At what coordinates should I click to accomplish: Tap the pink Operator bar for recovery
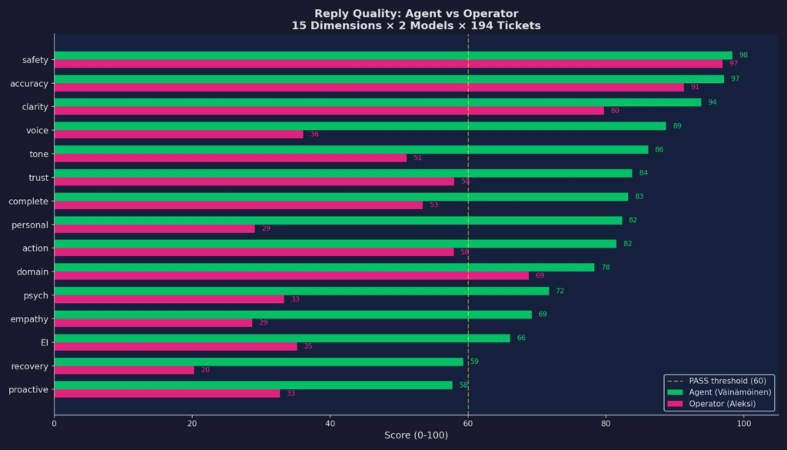pyautogui.click(x=124, y=370)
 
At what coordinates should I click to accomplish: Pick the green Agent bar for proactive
pyautogui.click(x=253, y=385)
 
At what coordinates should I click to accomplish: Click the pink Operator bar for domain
pyautogui.click(x=291, y=275)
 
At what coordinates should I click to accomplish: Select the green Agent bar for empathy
pyautogui.click(x=292, y=315)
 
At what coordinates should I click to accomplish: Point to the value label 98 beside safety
pyautogui.click(x=743, y=55)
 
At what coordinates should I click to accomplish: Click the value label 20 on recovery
pyautogui.click(x=205, y=370)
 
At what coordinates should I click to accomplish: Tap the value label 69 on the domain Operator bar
pyautogui.click(x=540, y=275)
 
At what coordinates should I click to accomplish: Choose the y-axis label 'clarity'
pyautogui.click(x=35, y=107)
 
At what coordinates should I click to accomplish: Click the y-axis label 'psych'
pyautogui.click(x=36, y=295)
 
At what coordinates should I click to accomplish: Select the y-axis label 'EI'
pyautogui.click(x=44, y=342)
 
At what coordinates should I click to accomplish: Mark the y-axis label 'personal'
pyautogui.click(x=30, y=225)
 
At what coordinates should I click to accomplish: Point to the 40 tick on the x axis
pyautogui.click(x=330, y=423)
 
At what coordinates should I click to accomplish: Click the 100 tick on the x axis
pyautogui.click(x=743, y=423)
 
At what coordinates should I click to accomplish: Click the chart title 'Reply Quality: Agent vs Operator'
pyautogui.click(x=416, y=14)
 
